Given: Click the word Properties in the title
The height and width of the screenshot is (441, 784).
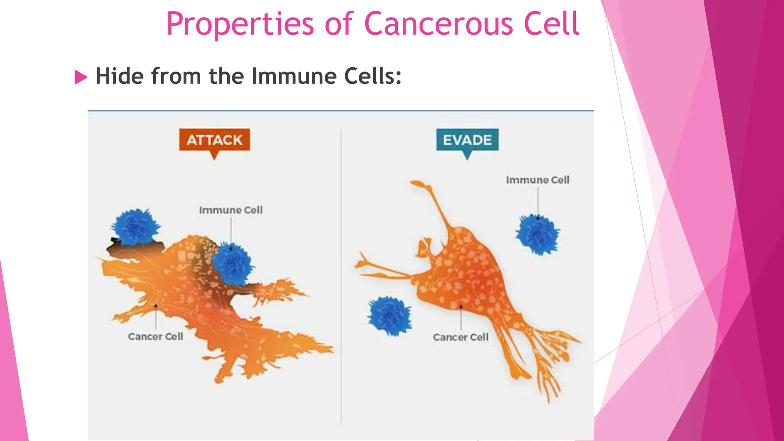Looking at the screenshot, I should tap(240, 24).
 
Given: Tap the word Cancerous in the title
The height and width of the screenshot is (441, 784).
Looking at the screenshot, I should tap(438, 24).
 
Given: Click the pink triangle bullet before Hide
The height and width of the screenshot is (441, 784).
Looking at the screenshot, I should tap(80, 77).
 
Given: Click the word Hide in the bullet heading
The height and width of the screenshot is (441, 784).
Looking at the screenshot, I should tap(120, 76).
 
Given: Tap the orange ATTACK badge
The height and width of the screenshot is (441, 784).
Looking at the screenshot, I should tap(214, 140).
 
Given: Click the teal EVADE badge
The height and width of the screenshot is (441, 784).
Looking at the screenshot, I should tap(467, 140).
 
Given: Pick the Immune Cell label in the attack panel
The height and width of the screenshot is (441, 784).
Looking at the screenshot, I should tap(230, 210).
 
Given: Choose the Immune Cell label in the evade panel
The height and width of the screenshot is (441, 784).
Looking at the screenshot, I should tap(537, 180).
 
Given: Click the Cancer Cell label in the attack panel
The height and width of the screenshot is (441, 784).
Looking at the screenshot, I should tap(155, 336).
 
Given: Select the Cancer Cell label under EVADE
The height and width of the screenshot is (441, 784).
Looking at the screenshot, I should tap(461, 337).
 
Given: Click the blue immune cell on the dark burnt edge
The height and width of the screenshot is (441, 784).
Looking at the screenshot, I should tap(135, 227).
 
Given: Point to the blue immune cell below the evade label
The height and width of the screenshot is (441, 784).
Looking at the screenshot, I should tap(537, 234).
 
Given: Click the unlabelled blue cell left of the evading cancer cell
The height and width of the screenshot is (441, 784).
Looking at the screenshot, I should tap(390, 316).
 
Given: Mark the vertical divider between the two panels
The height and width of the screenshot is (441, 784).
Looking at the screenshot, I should tap(341, 276).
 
